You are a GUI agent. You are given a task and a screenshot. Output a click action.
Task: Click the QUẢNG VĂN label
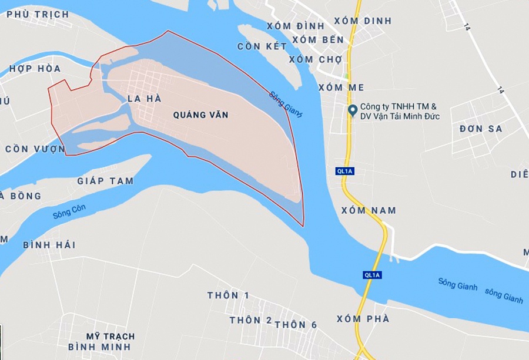coord(200,115)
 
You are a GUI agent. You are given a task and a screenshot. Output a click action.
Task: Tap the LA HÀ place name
coord(144,99)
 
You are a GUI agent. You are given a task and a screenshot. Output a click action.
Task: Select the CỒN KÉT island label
coord(262,46)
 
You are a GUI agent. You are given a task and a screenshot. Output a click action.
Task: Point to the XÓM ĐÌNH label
coord(295,26)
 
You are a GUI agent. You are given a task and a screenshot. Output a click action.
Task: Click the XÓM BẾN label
coord(318,40)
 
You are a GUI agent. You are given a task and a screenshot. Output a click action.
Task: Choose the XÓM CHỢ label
coord(315,59)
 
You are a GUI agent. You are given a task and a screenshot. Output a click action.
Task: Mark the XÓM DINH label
coord(363,21)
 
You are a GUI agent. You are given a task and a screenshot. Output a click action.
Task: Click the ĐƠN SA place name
coord(480,129)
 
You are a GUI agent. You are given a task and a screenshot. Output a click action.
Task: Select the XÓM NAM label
coord(369,210)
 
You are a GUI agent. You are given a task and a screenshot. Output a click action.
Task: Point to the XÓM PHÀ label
coord(363,319)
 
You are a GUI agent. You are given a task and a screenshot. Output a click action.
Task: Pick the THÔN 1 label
coord(228,295)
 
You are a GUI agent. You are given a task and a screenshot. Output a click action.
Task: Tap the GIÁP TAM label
coord(105,181)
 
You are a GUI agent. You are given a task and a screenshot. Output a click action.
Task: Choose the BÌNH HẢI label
coord(49,245)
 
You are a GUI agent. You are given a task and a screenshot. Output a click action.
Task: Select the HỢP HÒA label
coord(35,69)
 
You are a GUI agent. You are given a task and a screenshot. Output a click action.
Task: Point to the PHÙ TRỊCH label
coord(38,14)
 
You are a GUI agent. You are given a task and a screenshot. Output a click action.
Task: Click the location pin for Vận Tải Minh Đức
coord(352,110)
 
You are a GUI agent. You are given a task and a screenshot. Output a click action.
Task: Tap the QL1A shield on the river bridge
coord(372,275)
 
